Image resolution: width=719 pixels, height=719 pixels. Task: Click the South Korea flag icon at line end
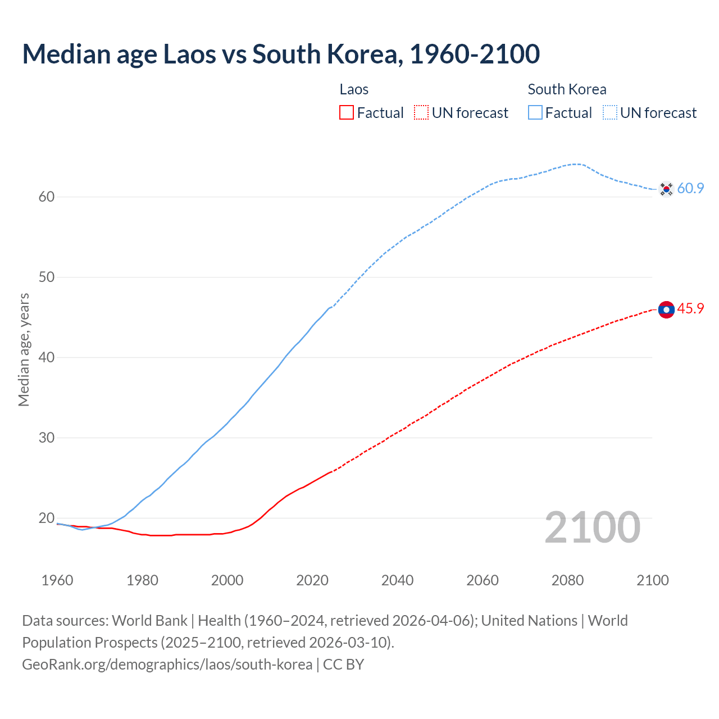pos(666,189)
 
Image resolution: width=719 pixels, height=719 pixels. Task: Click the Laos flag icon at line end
pos(666,310)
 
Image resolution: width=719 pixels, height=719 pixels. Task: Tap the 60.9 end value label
pos(690,189)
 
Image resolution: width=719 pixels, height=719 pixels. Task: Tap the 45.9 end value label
pos(690,309)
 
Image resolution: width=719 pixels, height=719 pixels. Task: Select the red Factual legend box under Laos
pos(347,113)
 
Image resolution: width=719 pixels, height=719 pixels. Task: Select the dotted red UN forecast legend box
pos(421,113)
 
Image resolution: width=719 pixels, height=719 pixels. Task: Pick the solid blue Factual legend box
pos(535,113)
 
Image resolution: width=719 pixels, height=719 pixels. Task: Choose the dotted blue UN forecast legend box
pos(610,113)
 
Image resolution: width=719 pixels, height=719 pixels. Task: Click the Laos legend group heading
pos(354,89)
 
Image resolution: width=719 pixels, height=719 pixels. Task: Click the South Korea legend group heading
pos(567,89)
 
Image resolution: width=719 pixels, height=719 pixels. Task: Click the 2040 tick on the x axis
pos(397,580)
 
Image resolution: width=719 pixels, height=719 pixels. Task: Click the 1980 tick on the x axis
pos(142,580)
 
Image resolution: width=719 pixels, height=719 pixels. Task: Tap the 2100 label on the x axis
pos(653,580)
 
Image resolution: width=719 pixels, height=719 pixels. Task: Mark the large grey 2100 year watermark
pos(592,527)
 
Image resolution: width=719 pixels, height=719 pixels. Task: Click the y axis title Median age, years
pos(24,349)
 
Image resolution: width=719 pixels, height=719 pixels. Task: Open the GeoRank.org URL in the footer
pos(167,665)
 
